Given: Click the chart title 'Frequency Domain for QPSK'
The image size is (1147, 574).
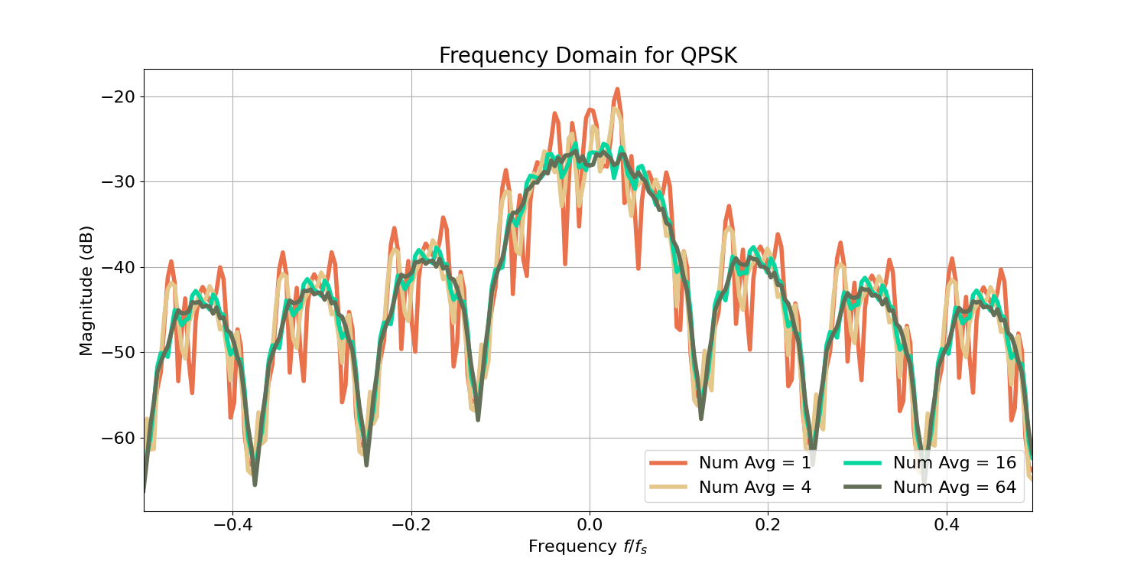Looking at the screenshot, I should click(x=587, y=56).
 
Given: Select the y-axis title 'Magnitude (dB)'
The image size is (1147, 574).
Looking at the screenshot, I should click(x=86, y=291).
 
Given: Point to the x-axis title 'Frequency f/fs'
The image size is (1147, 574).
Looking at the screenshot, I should click(x=587, y=546).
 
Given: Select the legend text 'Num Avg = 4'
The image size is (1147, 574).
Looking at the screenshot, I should click(x=755, y=488).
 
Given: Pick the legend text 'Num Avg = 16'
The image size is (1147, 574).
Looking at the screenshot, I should click(x=954, y=463).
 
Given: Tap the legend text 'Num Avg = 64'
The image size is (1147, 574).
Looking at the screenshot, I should click(x=954, y=488).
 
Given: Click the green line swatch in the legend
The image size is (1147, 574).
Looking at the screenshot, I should click(x=863, y=463).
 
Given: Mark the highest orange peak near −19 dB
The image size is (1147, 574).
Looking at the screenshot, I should click(x=616, y=90).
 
